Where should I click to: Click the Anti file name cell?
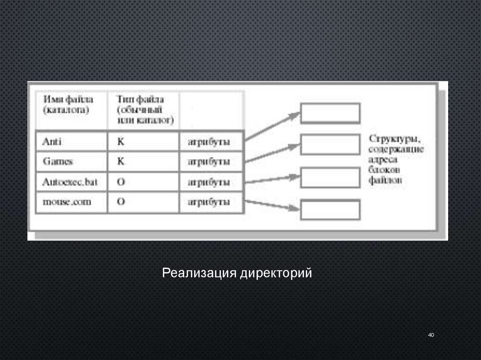pyautogui.click(x=71, y=141)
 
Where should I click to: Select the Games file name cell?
pyautogui.click(x=71, y=161)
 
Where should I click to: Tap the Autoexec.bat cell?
pyautogui.click(x=71, y=182)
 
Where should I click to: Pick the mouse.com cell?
pyautogui.click(x=71, y=203)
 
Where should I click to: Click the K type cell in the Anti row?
pyautogui.click(x=143, y=141)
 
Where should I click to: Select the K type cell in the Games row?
pyautogui.click(x=143, y=161)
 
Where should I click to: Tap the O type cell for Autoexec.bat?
pyautogui.click(x=143, y=182)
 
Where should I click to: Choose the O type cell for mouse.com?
pyautogui.click(x=143, y=203)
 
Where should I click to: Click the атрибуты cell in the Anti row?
pyautogui.click(x=211, y=141)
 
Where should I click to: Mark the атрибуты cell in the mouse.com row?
pyautogui.click(x=211, y=203)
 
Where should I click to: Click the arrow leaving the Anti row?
pyautogui.click(x=272, y=126)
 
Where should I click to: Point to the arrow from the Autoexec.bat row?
pyautogui.click(x=272, y=179)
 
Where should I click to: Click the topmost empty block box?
pyautogui.click(x=330, y=114)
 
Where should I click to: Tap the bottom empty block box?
pyautogui.click(x=330, y=210)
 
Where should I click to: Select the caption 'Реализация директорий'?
pyautogui.click(x=237, y=273)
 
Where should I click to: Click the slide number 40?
pyautogui.click(x=431, y=335)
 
